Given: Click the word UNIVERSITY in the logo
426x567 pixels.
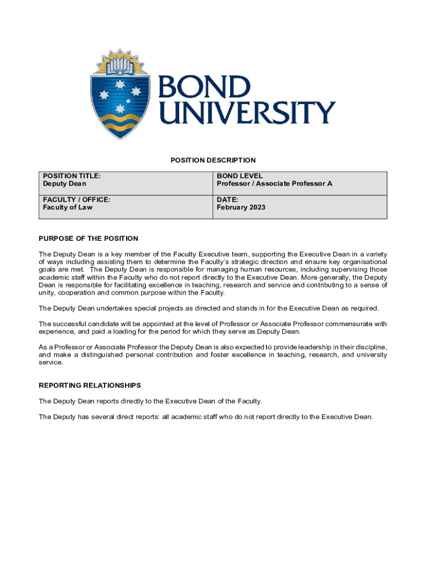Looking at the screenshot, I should click(x=246, y=112).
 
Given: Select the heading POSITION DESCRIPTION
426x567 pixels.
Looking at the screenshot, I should click(x=213, y=161).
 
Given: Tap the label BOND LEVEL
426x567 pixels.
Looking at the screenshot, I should click(x=240, y=176).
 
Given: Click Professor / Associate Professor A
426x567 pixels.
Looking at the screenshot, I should click(x=274, y=184).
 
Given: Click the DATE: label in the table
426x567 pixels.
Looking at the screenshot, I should click(x=227, y=199).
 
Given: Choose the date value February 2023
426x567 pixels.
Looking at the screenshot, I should click(x=241, y=208).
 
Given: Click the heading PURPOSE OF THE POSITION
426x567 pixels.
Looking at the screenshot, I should click(x=89, y=239).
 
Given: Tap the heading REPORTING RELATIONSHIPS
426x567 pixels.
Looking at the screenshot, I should click(x=90, y=385).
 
